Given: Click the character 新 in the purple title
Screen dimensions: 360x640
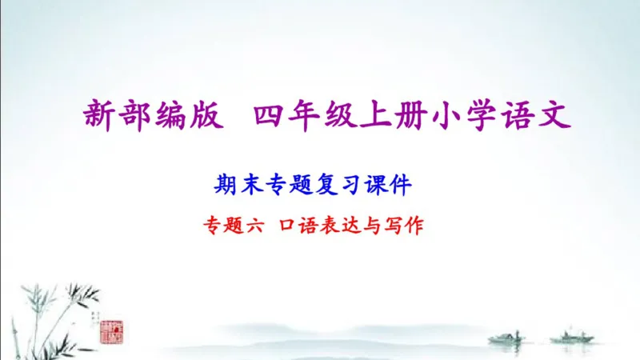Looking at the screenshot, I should (101, 116).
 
